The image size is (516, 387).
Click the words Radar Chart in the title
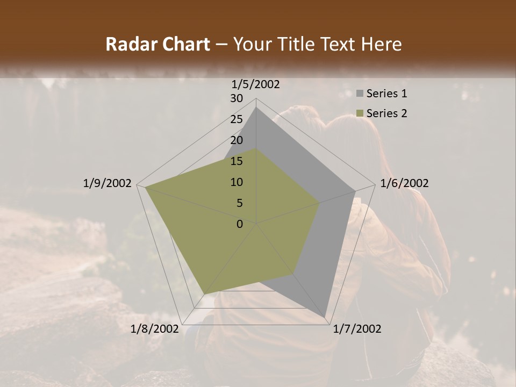[x=158, y=45]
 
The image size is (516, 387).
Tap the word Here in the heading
[x=382, y=45]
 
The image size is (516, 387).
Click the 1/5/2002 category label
[x=256, y=84]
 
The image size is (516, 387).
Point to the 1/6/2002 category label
[x=404, y=183]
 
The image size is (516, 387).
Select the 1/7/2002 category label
[x=357, y=329]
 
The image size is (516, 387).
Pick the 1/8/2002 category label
[x=155, y=329]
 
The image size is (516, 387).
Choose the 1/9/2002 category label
[x=107, y=183]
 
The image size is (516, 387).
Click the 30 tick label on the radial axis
[x=236, y=98]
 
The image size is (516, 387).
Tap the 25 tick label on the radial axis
[x=236, y=119]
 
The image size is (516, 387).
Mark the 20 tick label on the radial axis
[x=236, y=140]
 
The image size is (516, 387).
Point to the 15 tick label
[x=236, y=161]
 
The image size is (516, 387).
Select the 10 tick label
[x=236, y=182]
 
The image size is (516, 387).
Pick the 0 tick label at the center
[x=240, y=224]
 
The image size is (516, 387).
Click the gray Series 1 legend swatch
[x=360, y=94]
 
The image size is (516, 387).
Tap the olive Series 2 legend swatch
[x=360, y=113]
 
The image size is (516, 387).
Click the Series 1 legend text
[x=386, y=94]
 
